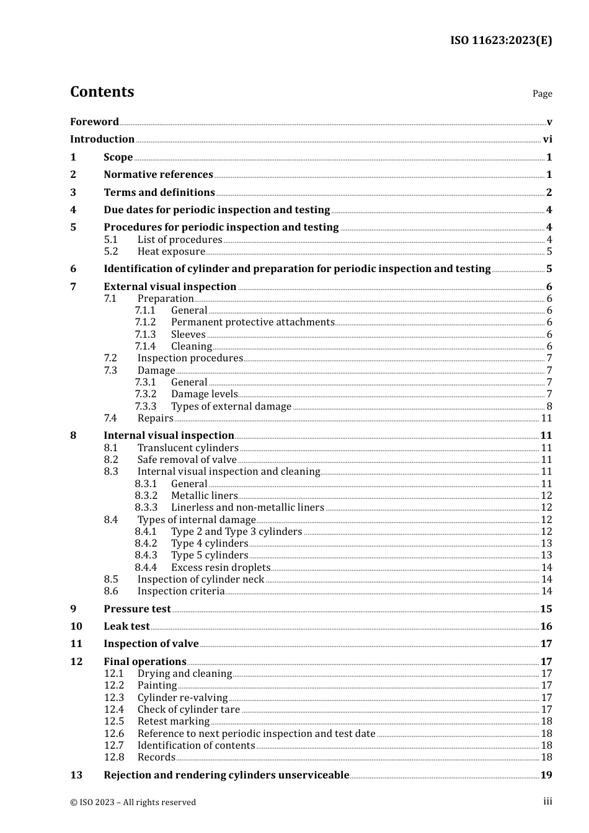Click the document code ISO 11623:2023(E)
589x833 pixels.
[500, 40]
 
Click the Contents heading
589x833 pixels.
[102, 92]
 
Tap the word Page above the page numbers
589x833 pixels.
[542, 94]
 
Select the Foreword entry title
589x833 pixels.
[94, 121]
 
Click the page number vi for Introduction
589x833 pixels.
[547, 139]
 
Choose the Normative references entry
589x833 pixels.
[158, 175]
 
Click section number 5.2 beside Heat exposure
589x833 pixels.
[111, 252]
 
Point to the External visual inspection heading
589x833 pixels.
[170, 286]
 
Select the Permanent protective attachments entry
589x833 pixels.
[252, 322]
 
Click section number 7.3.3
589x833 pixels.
[146, 407]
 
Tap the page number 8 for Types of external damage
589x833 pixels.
[549, 407]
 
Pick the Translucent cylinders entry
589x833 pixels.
[188, 448]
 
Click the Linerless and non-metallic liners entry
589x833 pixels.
[247, 508]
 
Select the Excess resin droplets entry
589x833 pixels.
[221, 568]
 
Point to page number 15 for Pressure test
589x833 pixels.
[546, 609]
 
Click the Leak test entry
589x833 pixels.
[126, 627]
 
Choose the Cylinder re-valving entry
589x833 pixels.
[182, 698]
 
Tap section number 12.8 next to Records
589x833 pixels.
[114, 757]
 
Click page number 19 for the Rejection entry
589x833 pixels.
[546, 775]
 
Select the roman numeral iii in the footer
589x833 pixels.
[547, 801]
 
